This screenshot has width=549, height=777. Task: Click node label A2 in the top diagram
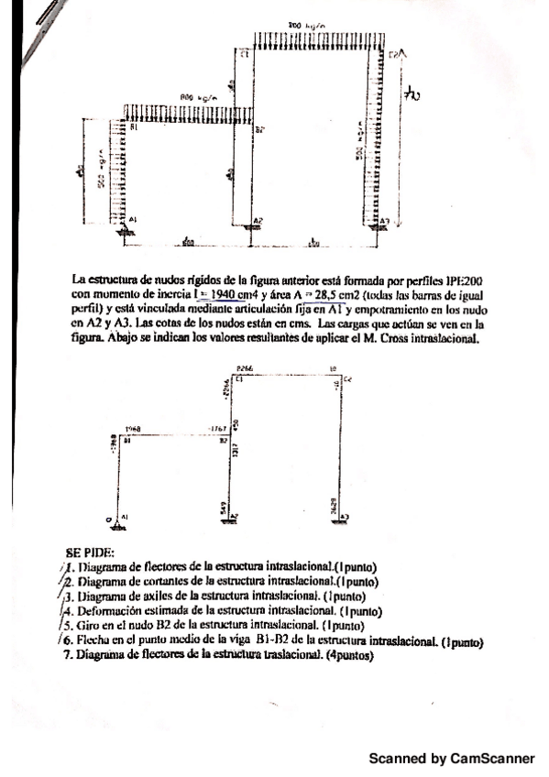tap(259, 220)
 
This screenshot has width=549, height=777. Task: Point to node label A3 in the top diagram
tap(385, 221)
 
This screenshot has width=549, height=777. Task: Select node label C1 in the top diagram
tap(245, 56)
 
